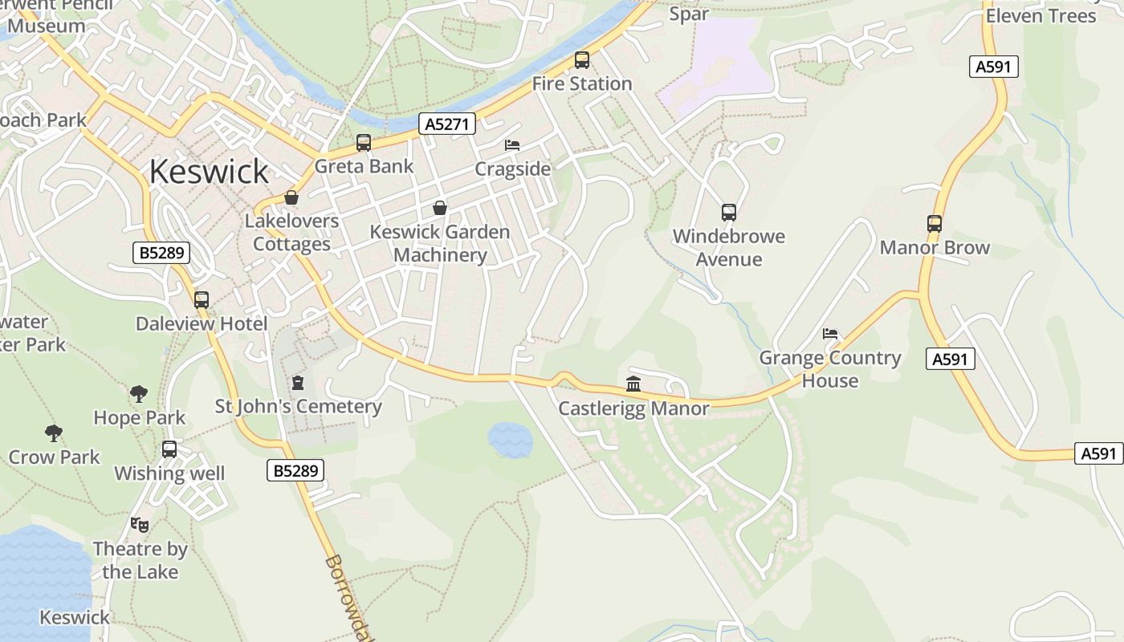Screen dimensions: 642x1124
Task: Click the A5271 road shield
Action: (447, 124)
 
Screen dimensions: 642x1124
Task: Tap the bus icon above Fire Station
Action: (582, 60)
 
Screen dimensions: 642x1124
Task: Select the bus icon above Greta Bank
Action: (364, 143)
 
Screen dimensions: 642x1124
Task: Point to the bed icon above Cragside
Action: (512, 145)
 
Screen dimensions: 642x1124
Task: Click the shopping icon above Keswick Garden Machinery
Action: (440, 208)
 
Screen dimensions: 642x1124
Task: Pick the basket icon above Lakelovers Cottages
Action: (291, 197)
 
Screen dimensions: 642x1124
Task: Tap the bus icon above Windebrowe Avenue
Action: (729, 213)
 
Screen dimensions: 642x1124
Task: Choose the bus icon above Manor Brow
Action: (935, 224)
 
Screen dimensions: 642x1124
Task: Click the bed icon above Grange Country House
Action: (830, 334)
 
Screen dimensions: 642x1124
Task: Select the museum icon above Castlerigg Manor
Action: (633, 384)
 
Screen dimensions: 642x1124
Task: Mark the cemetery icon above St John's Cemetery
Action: (299, 383)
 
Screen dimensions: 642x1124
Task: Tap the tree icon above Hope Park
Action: (139, 394)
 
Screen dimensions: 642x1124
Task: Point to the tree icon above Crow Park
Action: (54, 433)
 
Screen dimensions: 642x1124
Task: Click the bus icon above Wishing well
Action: (169, 449)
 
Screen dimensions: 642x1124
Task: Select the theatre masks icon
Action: (140, 525)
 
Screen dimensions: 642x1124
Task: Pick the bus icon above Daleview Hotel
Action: (202, 300)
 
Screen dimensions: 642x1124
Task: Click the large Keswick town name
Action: (209, 172)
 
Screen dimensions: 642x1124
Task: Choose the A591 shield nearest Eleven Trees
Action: (993, 67)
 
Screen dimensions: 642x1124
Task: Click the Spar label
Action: (689, 14)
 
